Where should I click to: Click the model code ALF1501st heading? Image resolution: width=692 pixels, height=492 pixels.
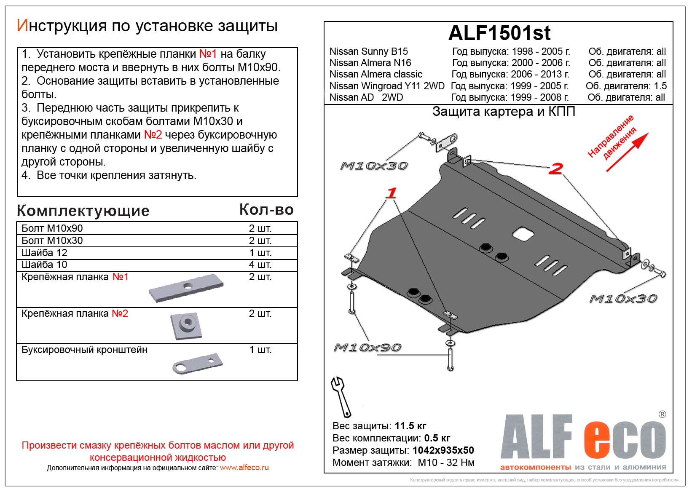(499, 33)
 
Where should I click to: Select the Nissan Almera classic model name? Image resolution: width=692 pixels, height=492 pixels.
(376, 75)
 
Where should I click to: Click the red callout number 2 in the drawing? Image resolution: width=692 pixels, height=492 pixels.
(556, 168)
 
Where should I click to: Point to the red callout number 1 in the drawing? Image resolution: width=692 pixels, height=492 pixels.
(392, 193)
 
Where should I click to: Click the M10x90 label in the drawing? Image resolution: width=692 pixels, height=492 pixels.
(367, 348)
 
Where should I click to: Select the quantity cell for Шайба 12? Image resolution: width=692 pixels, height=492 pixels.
(260, 253)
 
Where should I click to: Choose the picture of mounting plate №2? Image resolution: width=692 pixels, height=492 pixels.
(186, 326)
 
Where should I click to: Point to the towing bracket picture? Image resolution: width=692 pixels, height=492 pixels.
(197, 363)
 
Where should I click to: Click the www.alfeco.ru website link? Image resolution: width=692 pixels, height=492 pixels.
(244, 468)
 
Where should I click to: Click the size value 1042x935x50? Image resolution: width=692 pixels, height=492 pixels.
(443, 450)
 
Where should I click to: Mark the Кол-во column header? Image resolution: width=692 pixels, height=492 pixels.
(266, 210)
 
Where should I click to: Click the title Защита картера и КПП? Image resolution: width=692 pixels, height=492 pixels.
(504, 112)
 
